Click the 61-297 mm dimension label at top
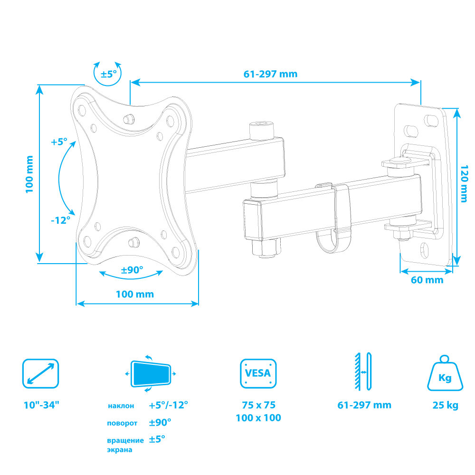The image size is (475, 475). (x=270, y=74)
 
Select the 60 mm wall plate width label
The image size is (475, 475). (x=427, y=280)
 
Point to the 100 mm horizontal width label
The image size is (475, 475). (x=135, y=294)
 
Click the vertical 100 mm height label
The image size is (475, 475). (x=30, y=174)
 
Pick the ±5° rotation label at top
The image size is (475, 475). (x=108, y=74)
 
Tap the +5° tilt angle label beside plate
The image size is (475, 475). (x=59, y=142)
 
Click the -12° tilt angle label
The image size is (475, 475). (x=61, y=220)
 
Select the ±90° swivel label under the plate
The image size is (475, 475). (x=132, y=270)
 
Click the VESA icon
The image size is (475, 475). (x=258, y=373)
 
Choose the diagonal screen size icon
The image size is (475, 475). (x=41, y=373)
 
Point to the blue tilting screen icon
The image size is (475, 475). (x=151, y=373)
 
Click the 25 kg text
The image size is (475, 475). (x=445, y=406)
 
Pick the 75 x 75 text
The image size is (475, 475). (x=258, y=405)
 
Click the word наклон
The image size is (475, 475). (x=121, y=406)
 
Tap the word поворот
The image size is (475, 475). (x=122, y=423)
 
